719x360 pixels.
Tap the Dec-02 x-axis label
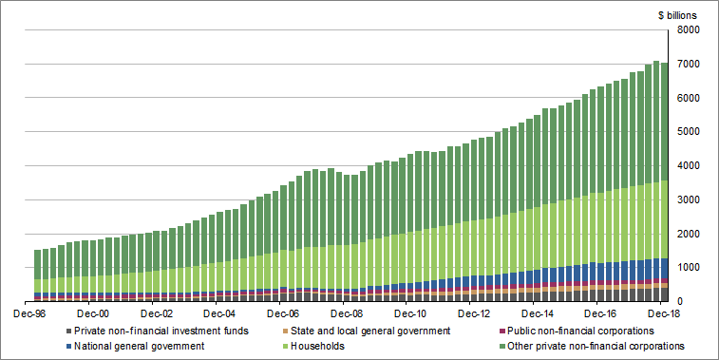pyautogui.click(x=157, y=313)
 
